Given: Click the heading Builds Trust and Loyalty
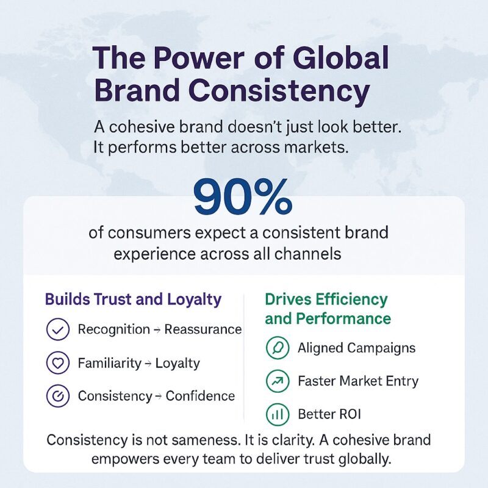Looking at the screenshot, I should coord(133,300).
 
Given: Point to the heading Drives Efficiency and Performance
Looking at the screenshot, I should coord(328,309).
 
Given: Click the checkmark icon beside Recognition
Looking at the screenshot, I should coord(57,330).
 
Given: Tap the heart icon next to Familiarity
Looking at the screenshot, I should coord(57,363).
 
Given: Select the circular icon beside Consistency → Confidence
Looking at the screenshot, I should coord(57,396).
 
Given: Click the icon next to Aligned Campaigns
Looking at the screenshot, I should coord(277,348).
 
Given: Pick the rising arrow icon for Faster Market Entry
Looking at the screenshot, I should coord(277,381).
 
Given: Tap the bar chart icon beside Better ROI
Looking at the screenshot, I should coord(277,414).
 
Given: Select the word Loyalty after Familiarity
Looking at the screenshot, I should coord(178,363).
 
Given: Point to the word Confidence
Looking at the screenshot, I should coord(200,396).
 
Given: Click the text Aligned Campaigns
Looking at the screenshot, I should coord(356,348).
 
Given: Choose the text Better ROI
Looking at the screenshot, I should coord(329,414).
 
